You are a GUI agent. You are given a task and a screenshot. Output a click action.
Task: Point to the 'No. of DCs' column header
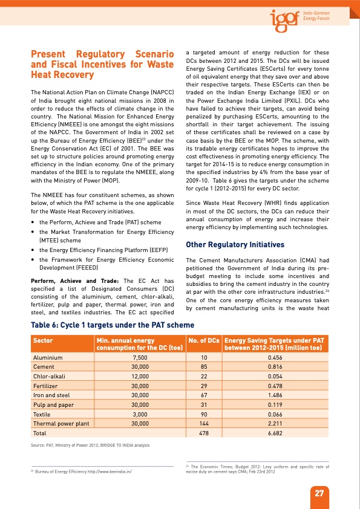pyautogui.click(x=203, y=341)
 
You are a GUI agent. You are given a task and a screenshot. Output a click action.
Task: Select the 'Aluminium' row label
pyautogui.click(x=48, y=357)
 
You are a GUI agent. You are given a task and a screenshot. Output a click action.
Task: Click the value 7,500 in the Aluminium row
pyautogui.click(x=140, y=357)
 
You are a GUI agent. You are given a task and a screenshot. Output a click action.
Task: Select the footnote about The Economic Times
pyautogui.click(x=257, y=469)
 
